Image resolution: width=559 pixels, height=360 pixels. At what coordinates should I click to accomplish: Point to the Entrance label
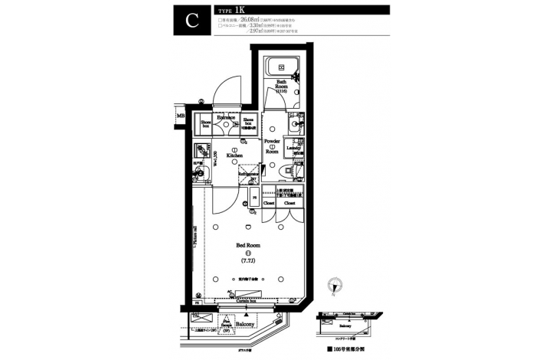tap(227, 117)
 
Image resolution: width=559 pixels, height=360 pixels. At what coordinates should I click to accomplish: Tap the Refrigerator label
tap(250, 175)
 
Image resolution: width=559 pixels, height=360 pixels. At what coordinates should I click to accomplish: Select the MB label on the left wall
tap(181, 116)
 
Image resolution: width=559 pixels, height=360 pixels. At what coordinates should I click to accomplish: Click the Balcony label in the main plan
tap(245, 325)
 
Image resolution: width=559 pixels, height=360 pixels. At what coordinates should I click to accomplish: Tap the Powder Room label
tap(272, 146)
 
